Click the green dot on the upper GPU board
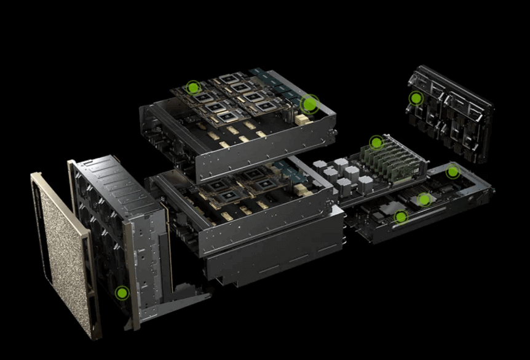click(x=194, y=87)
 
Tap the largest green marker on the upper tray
click(x=310, y=105)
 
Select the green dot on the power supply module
click(x=416, y=98)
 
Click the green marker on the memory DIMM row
click(x=376, y=143)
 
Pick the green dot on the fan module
click(x=122, y=293)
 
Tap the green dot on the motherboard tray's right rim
click(x=453, y=172)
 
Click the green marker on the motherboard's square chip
click(x=424, y=199)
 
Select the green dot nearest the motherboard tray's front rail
click(x=401, y=217)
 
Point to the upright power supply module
click(x=452, y=114)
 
